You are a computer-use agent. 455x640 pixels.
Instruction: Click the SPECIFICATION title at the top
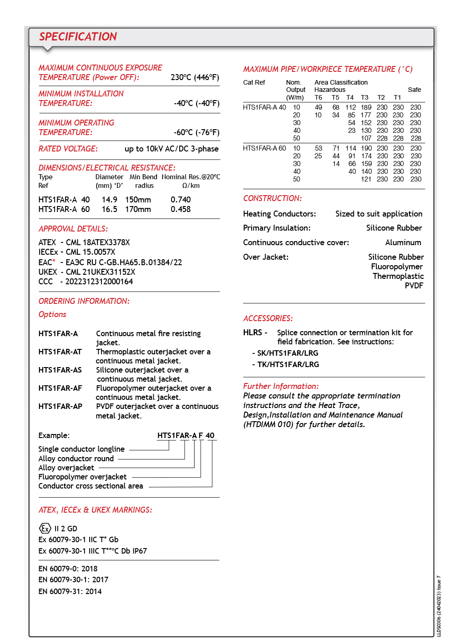click(x=78, y=37)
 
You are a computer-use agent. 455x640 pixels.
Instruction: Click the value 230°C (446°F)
click(x=195, y=77)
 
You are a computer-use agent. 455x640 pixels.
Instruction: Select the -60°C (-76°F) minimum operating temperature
click(x=196, y=132)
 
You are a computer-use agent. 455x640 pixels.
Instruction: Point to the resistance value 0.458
click(x=181, y=209)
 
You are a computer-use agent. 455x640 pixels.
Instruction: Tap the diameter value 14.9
click(x=109, y=200)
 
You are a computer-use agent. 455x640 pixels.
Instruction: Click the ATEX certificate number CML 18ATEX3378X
click(x=98, y=242)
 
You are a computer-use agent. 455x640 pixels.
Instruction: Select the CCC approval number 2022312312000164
click(x=99, y=282)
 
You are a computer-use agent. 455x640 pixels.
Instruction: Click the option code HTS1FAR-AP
click(x=60, y=406)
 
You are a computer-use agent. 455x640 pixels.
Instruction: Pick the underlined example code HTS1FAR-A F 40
click(x=186, y=435)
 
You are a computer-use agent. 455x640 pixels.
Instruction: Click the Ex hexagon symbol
click(x=45, y=529)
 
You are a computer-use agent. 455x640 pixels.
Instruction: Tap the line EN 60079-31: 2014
click(x=70, y=591)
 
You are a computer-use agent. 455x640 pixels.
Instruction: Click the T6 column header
click(x=318, y=97)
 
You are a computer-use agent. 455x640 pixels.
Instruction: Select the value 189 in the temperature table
click(x=366, y=107)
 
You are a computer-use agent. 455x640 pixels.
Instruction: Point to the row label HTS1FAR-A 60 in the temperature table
click(x=264, y=148)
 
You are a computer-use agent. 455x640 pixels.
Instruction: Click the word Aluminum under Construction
click(x=403, y=242)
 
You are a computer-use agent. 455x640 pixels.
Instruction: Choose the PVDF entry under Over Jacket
click(x=414, y=286)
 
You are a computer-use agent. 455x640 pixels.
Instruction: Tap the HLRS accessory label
click(x=253, y=333)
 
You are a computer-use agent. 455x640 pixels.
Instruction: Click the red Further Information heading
click(x=281, y=386)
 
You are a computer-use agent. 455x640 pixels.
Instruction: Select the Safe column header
click(x=414, y=90)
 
